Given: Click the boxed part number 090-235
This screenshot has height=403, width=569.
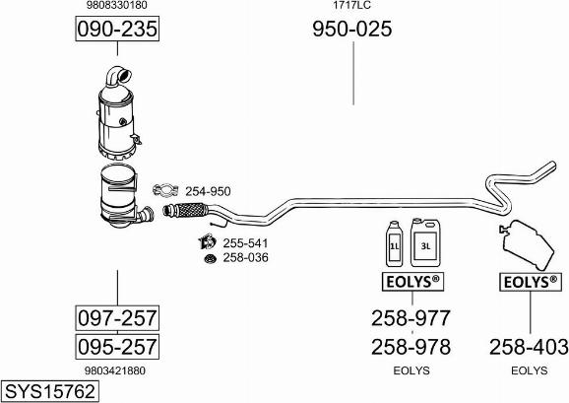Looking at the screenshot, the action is pyautogui.click(x=117, y=29).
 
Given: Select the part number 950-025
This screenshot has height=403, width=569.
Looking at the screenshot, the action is pyautogui.click(x=352, y=29).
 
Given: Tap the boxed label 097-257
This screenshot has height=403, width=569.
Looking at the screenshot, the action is pyautogui.click(x=117, y=318).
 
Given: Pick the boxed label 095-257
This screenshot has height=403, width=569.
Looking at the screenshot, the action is pyautogui.click(x=117, y=347).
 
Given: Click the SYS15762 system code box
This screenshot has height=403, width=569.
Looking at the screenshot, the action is pyautogui.click(x=50, y=391).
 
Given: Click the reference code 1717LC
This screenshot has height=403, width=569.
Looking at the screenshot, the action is pyautogui.click(x=352, y=5).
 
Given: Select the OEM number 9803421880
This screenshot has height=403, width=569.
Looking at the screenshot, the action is pyautogui.click(x=115, y=370).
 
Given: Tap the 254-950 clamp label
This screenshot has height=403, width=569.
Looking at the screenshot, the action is pyautogui.click(x=208, y=191).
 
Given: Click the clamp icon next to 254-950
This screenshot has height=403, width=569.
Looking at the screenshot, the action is pyautogui.click(x=165, y=190).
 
